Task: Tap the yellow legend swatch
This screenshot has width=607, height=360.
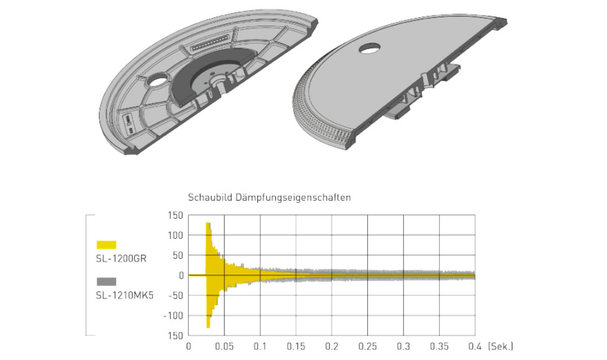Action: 106,244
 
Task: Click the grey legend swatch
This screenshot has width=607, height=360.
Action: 106,282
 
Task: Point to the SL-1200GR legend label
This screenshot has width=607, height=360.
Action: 121,259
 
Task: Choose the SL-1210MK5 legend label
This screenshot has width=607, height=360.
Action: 125,296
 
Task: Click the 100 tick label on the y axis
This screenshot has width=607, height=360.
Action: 175,235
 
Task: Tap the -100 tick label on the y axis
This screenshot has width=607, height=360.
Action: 173,315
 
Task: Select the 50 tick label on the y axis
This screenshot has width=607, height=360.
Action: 178,256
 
